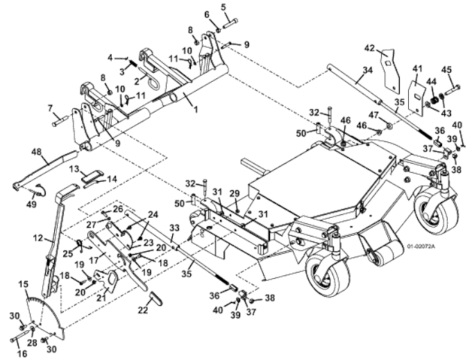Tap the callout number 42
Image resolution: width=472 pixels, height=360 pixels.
(x=370, y=48)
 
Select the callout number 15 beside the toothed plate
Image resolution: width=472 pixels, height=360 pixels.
(x=24, y=285)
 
